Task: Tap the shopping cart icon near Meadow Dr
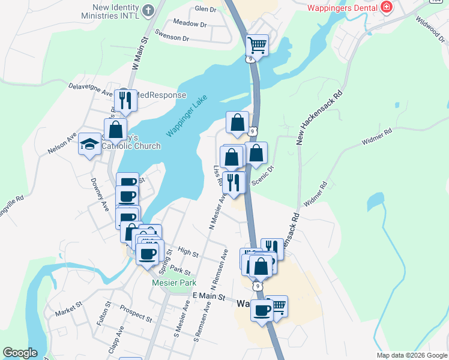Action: (257, 45)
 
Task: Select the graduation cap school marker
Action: (89, 144)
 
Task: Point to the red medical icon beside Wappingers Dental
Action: (387, 8)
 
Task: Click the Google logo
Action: (20, 353)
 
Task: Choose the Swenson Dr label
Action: (172, 38)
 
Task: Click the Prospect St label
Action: (136, 314)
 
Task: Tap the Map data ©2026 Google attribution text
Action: (411, 355)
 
